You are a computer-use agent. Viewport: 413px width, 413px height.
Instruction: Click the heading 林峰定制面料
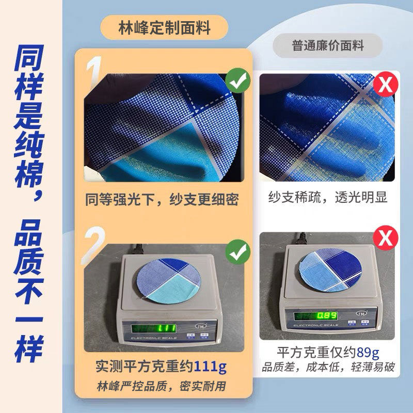click(164, 28)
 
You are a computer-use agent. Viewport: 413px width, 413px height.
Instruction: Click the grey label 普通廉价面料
click(328, 45)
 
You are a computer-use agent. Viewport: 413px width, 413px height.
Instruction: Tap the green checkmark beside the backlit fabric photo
click(238, 81)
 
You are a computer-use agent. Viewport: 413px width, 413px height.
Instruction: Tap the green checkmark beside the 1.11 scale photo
click(238, 252)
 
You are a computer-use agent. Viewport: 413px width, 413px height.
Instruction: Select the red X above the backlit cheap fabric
click(386, 84)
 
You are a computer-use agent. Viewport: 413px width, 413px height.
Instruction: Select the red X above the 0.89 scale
click(386, 238)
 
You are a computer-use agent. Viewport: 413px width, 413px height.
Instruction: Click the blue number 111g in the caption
click(210, 367)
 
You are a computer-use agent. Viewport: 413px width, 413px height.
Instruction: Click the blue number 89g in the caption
click(368, 353)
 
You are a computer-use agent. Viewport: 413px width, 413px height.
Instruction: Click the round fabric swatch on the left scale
click(169, 280)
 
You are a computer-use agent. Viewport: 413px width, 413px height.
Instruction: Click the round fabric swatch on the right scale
click(330, 269)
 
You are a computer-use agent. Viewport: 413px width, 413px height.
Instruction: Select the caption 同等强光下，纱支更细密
click(162, 199)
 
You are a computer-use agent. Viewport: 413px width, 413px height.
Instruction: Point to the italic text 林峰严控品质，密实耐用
click(162, 386)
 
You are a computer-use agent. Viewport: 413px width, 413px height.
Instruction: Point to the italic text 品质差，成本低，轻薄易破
click(328, 367)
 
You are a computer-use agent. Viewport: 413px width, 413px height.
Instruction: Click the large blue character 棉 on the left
click(29, 174)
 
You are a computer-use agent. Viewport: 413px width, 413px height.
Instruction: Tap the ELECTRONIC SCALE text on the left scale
click(154, 338)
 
